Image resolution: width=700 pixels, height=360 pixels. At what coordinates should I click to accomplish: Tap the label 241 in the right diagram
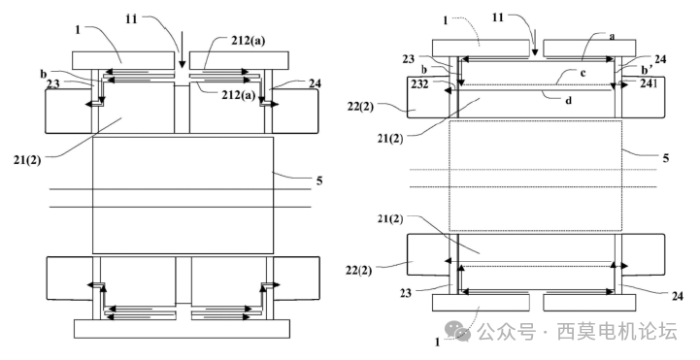[x=648, y=84]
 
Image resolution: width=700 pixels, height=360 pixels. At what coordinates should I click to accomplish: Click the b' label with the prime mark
[x=650, y=72]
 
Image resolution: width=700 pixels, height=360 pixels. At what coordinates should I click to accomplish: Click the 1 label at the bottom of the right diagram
[x=437, y=342]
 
